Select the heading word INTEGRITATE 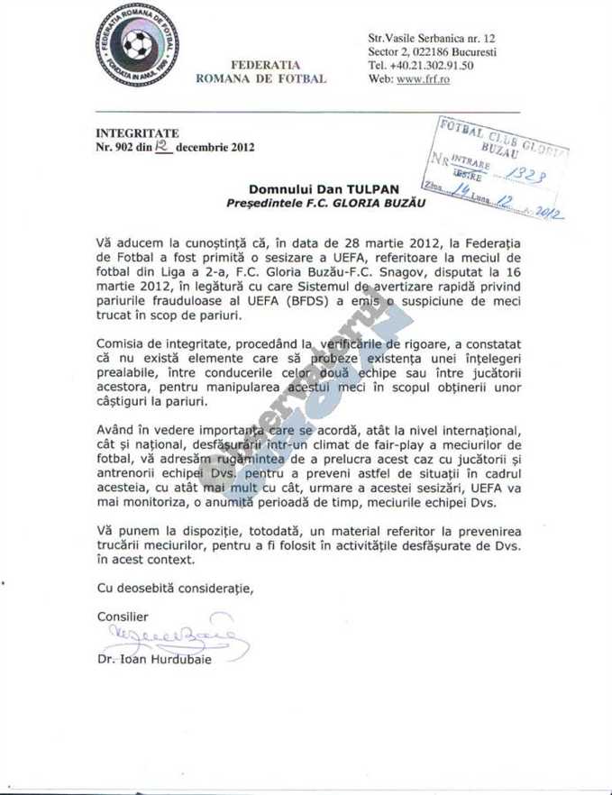tap(137, 133)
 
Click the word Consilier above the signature tap(122, 617)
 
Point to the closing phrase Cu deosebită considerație tap(175, 588)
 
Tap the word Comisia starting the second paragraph tap(123, 344)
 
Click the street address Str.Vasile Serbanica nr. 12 tap(432, 39)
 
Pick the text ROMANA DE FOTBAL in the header tap(260, 79)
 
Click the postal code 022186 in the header tap(434, 52)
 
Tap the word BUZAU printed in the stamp tap(499, 145)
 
